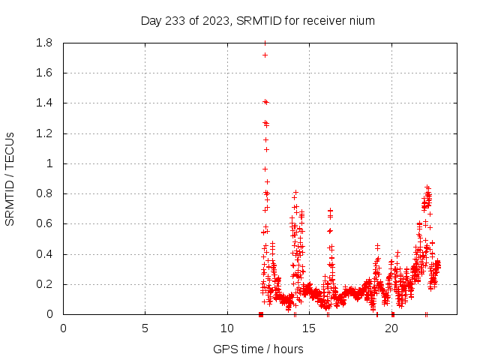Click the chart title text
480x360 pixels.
258,20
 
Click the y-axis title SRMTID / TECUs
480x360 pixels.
10,179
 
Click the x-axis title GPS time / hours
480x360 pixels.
258,349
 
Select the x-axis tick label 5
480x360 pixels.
145,328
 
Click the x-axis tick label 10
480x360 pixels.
227,328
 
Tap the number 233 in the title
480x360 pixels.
175,20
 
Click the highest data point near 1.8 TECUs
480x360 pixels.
265,43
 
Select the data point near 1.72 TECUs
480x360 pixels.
265,55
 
